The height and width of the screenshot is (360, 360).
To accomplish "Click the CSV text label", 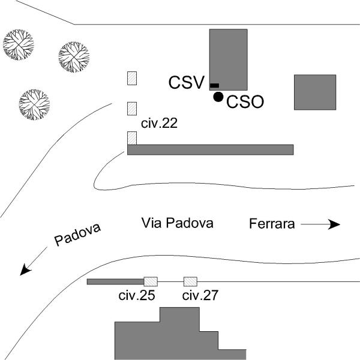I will click(187, 82).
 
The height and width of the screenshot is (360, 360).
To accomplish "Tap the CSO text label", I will click(245, 102).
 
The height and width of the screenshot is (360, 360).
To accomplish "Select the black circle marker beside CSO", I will click(218, 97).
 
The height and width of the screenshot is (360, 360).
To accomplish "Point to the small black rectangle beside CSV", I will click(214, 86).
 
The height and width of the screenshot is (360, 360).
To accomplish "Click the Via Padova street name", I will click(177, 223).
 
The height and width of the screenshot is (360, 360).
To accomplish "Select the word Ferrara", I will click(272, 224).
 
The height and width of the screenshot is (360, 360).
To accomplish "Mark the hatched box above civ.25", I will click(151, 281).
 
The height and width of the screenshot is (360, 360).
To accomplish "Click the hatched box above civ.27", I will click(191, 281).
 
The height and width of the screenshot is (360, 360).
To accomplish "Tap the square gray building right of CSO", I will click(314, 92).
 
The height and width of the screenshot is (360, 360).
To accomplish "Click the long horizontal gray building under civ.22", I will click(210, 149).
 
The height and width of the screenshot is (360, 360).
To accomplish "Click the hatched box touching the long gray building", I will click(132, 138).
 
